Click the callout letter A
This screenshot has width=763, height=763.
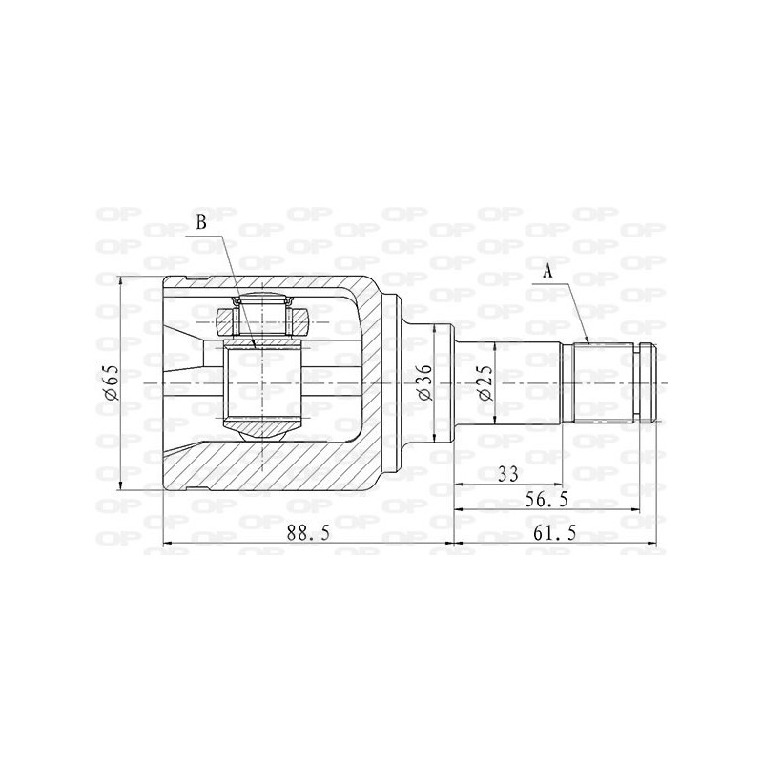click(x=548, y=272)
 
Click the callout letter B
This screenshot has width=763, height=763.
click(x=201, y=222)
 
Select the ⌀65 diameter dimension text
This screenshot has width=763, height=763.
click(x=111, y=382)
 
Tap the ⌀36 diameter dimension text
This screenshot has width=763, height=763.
click(x=423, y=382)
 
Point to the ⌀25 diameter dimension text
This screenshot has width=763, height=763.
click(x=485, y=383)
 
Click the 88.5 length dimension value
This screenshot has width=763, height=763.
click(x=308, y=534)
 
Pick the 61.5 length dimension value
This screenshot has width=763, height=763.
click(x=555, y=534)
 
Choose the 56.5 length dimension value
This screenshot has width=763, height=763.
click(x=546, y=500)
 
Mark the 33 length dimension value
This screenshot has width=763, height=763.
click(x=508, y=473)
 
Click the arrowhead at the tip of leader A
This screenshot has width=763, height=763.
click(x=588, y=341)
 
